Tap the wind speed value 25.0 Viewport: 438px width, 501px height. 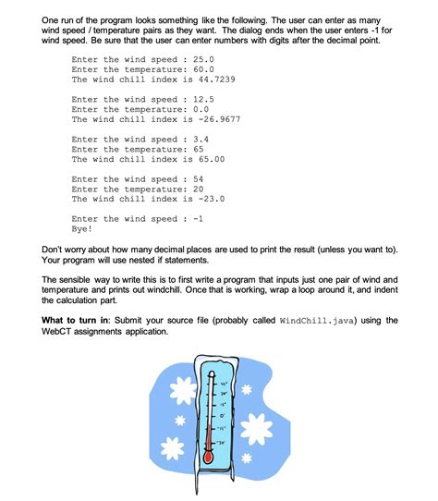[x=200, y=60]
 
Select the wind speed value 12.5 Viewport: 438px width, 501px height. [x=200, y=100]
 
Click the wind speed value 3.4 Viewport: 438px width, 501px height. [x=196, y=140]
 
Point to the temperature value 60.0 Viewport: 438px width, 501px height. [x=200, y=69]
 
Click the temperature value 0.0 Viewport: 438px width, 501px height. [x=196, y=109]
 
